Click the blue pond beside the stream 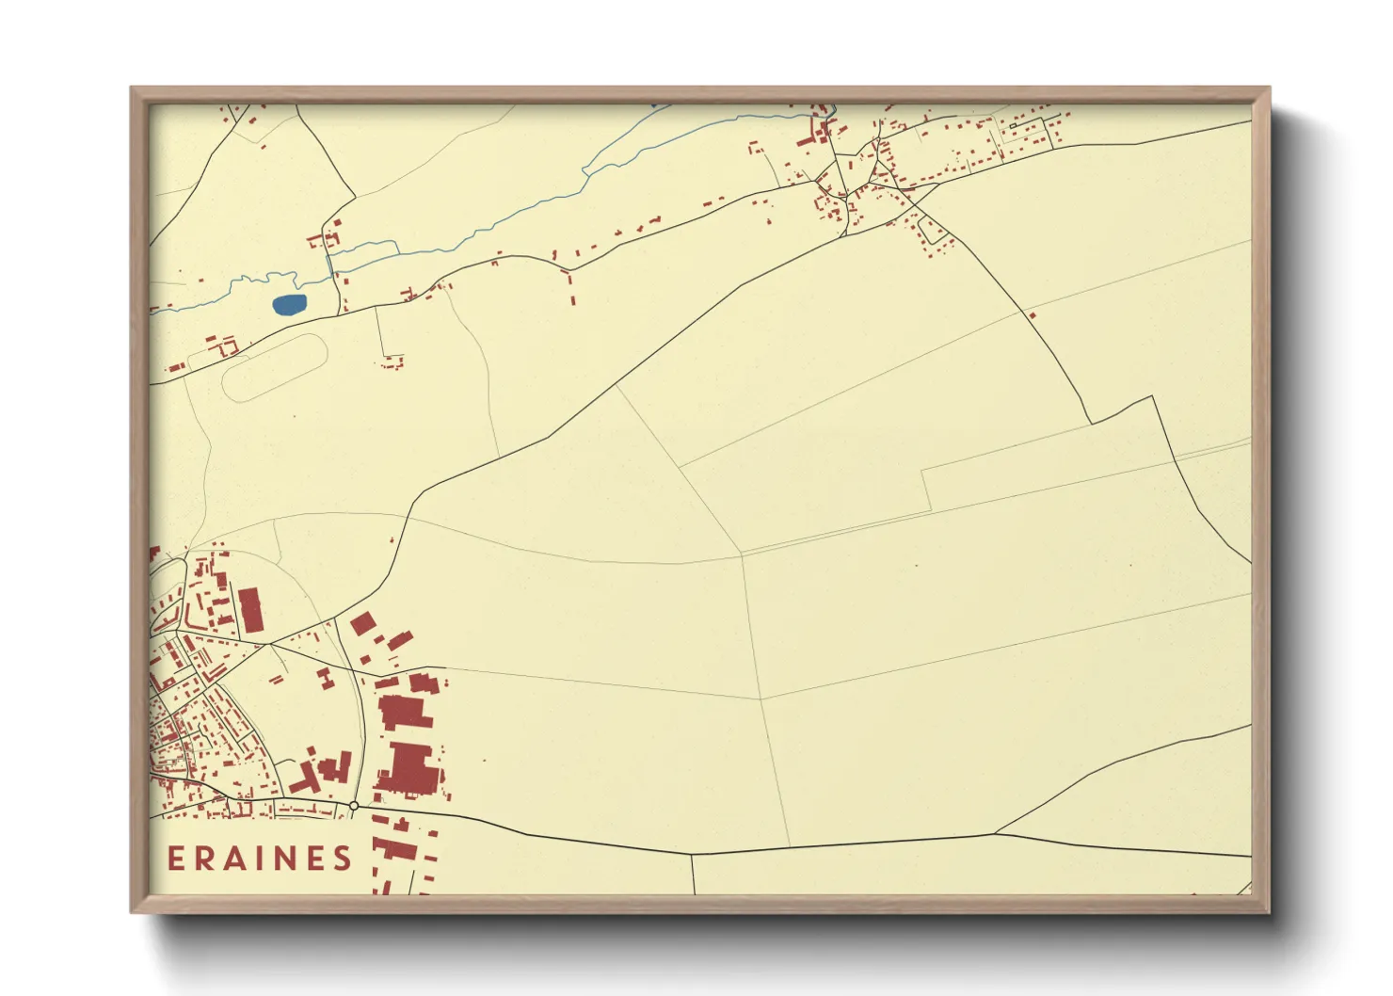click(289, 304)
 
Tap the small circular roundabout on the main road click(353, 806)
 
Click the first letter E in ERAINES click(177, 858)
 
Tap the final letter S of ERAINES click(342, 858)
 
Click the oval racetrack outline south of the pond click(275, 368)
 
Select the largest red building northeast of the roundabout click(408, 766)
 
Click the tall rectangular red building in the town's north click(250, 611)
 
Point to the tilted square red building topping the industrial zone click(362, 623)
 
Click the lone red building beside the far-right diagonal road click(1033, 315)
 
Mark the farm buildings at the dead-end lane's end click(392, 361)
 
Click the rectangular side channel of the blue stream click(362, 249)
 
